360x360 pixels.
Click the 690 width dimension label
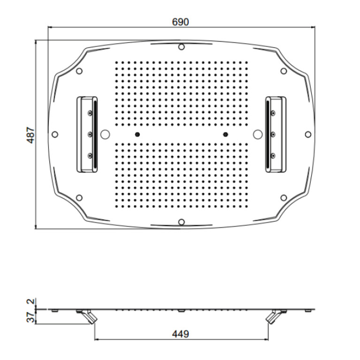pos(180,22)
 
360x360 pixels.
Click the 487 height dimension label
pos(31,135)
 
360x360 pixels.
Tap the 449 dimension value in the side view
pos(180,334)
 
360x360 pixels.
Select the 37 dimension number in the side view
pos(31,317)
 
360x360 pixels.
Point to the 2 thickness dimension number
pos(31,301)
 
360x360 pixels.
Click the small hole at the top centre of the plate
pos(181,47)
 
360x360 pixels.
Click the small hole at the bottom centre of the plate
pos(181,222)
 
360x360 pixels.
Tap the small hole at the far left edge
pos(55,134)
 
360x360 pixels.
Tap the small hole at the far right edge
pos(308,134)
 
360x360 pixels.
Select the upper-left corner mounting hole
pos(79,71)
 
